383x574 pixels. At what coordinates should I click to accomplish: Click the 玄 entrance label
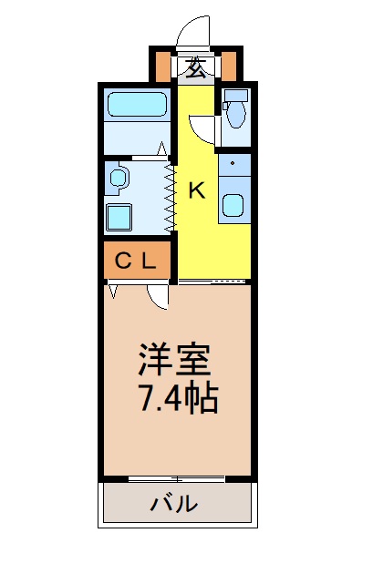coord(196,66)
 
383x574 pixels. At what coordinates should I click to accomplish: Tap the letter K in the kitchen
coord(196,190)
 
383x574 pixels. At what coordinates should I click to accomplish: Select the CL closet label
coord(135,261)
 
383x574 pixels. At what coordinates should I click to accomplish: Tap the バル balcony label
coord(174,503)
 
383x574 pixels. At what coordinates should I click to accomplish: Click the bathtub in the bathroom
coord(135,105)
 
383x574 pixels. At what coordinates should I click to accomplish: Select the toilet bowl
coord(234,116)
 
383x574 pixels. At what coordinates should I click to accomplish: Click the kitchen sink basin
coord(233,205)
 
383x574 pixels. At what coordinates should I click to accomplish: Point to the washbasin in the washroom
coord(119,179)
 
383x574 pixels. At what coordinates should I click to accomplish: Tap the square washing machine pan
coord(119,217)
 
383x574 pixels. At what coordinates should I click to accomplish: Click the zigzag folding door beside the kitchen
coord(170,195)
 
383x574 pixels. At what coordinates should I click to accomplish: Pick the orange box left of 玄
coord(163,66)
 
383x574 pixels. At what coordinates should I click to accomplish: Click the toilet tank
coord(235,97)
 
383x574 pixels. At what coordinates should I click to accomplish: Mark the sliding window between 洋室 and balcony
coord(175,478)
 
